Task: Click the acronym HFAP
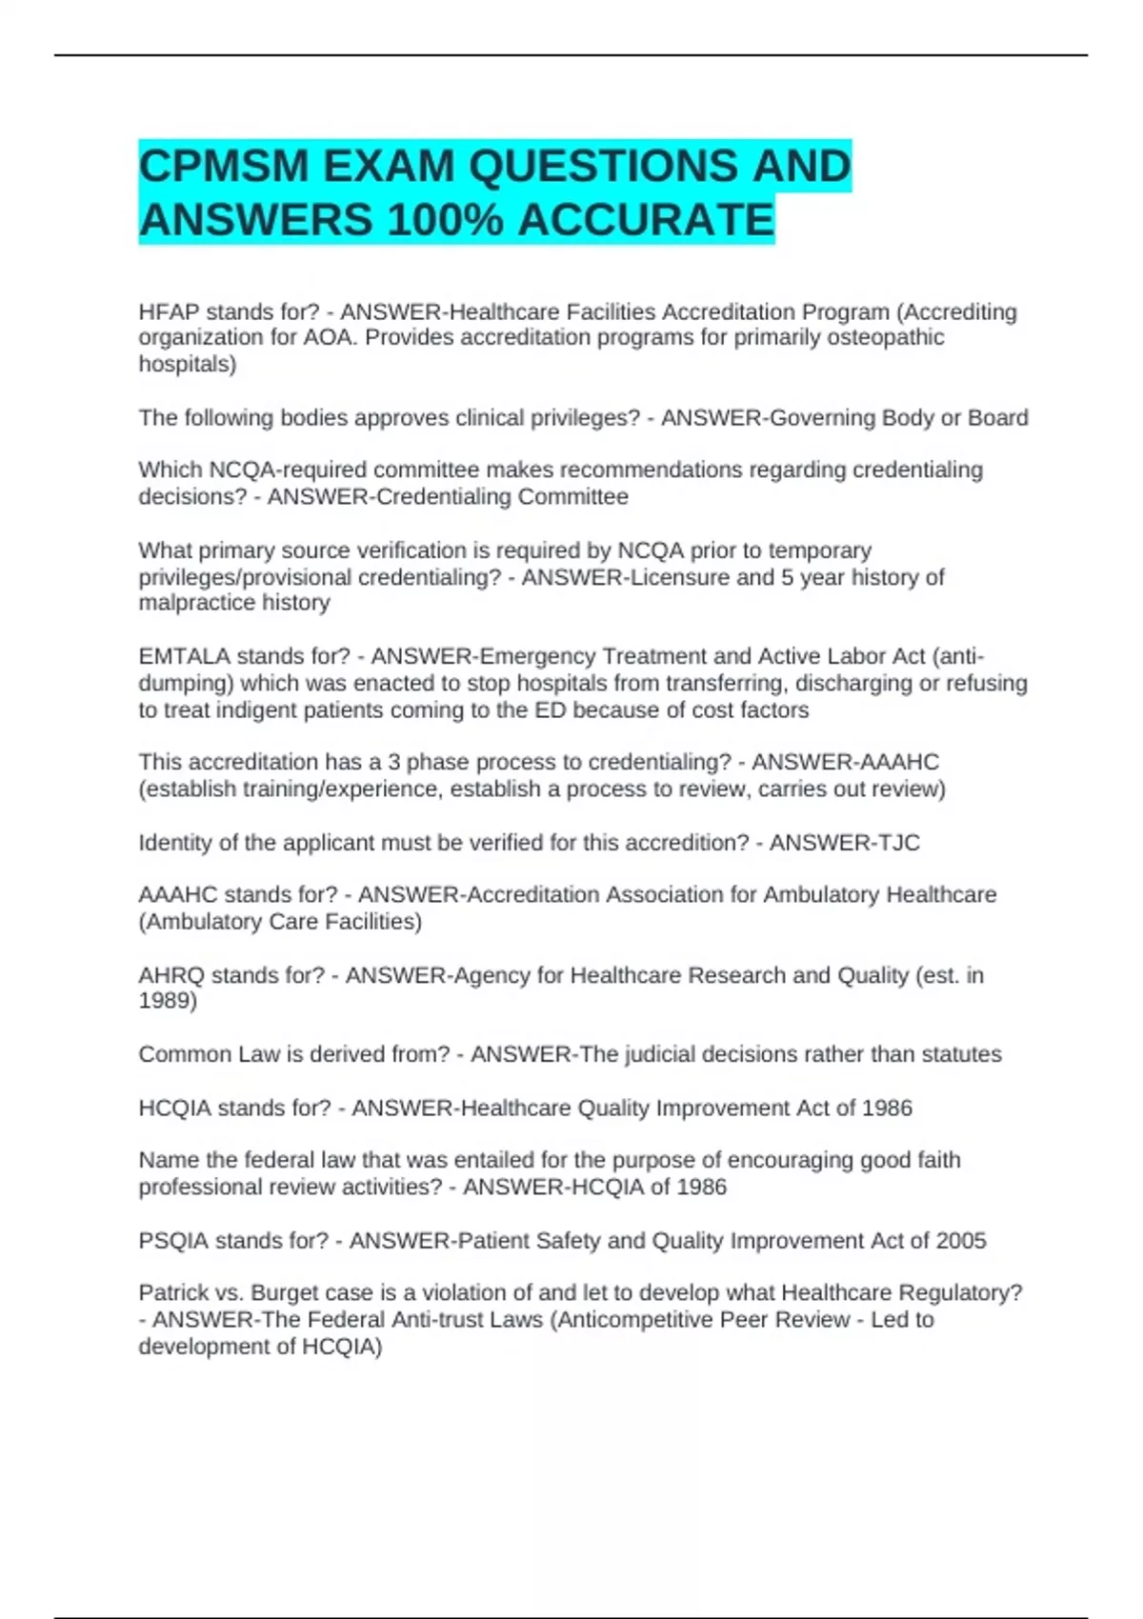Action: pyautogui.click(x=169, y=312)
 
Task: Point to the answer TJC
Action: pyautogui.click(x=898, y=843)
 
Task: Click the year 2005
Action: pyautogui.click(x=961, y=1241)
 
